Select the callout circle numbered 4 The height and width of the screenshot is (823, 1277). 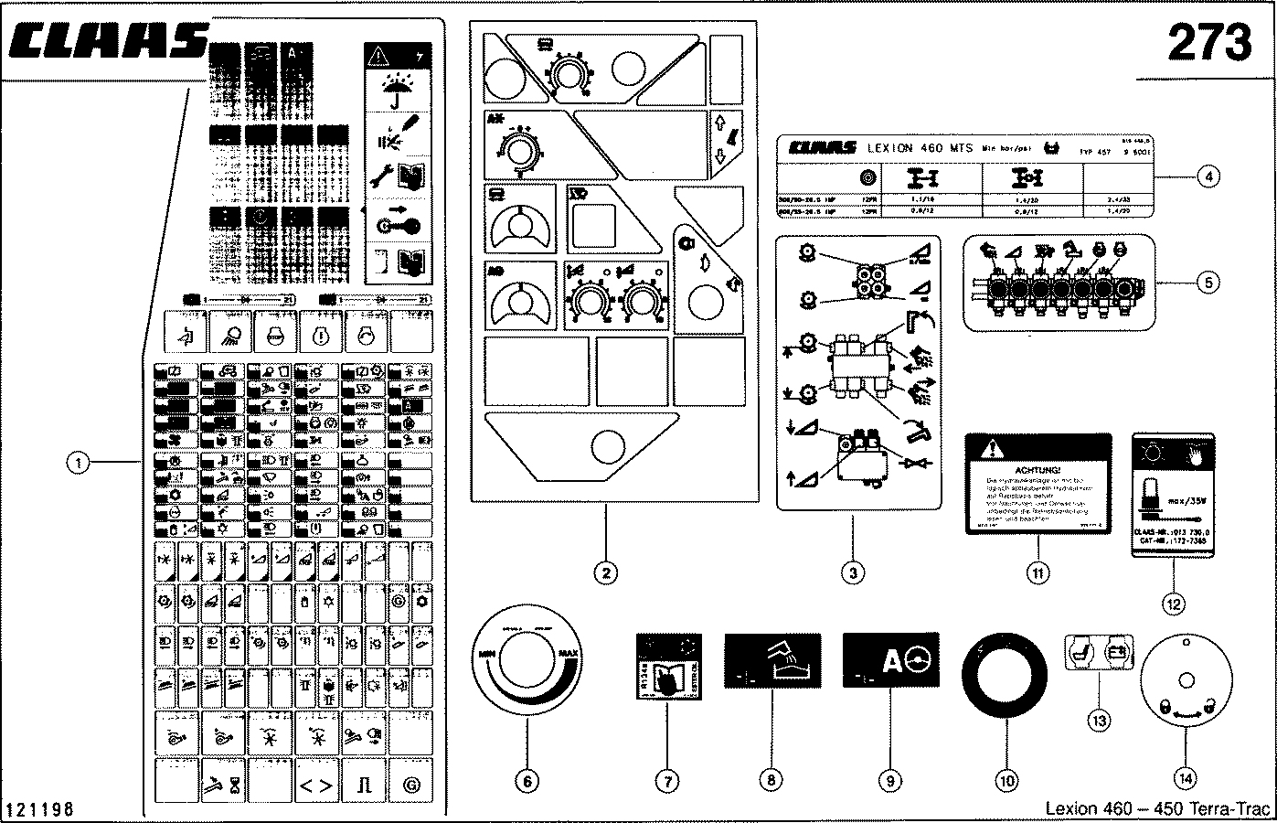click(1208, 177)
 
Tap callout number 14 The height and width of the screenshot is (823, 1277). click(1185, 778)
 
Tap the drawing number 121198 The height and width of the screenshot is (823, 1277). click(40, 810)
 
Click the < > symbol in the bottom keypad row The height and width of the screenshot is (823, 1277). click(316, 786)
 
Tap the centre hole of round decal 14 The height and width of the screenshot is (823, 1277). click(1185, 679)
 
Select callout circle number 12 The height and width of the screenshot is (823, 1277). click(1174, 603)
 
